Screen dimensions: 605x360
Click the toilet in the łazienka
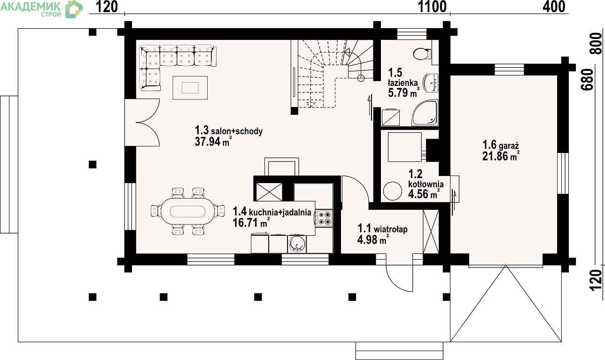pos(422,54)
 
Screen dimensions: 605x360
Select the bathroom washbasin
pos(430,83)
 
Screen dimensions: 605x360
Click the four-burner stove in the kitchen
pos(324,218)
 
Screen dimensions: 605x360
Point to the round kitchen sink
pos(297,244)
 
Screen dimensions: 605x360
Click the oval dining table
pos(187,211)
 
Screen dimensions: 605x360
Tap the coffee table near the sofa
pos(190,88)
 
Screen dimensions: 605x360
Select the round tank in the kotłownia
pos(392,191)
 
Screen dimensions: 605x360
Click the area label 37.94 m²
pos(213,141)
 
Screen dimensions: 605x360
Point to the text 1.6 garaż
pos(501,145)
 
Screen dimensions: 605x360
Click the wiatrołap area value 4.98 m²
pos(373,239)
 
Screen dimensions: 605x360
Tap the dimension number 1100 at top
pos(432,7)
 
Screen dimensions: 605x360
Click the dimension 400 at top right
pos(554,7)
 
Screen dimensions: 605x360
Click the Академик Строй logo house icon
pos(74,9)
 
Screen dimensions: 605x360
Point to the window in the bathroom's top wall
pos(411,34)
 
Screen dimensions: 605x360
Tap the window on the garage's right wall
pos(563,173)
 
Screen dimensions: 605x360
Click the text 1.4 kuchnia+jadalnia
pos(272,212)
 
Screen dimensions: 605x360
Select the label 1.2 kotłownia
pos(426,179)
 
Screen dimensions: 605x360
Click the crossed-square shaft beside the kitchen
pos(269,192)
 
